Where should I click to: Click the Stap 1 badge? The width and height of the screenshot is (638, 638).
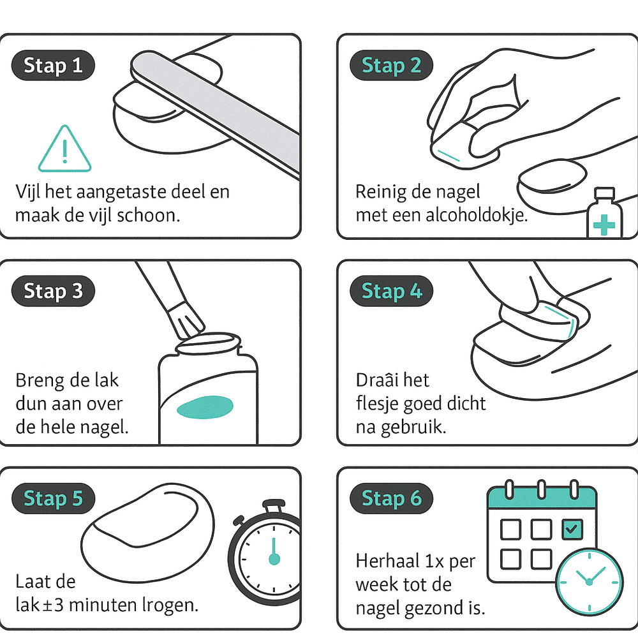(54, 66)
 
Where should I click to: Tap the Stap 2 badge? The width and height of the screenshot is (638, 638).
(392, 66)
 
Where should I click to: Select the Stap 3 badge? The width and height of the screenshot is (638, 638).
(54, 292)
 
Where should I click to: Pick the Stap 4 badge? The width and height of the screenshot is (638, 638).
(392, 292)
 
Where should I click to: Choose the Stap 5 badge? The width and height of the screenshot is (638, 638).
(54, 499)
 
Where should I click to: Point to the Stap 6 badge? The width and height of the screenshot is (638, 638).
(392, 499)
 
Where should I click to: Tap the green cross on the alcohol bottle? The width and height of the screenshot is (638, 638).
(604, 225)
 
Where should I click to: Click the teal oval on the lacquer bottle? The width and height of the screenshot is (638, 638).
(205, 407)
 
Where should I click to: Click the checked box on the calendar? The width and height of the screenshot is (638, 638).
(572, 530)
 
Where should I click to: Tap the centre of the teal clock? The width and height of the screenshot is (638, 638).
(589, 582)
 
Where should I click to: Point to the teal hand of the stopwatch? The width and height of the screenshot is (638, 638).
(274, 552)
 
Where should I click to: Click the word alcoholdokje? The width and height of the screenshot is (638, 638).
(477, 215)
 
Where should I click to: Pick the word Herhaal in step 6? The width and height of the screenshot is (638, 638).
(387, 561)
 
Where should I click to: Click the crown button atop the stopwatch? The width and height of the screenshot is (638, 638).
(274, 507)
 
